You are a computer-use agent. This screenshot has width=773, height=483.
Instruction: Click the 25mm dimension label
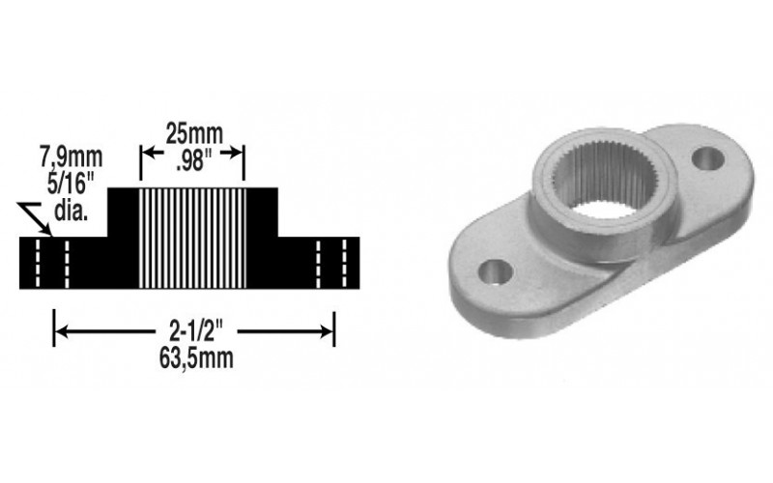(x=194, y=134)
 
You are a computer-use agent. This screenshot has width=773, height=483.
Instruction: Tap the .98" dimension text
(x=194, y=160)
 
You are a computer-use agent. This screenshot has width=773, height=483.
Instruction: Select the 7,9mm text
(x=72, y=157)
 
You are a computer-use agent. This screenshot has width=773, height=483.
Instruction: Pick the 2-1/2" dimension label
(x=196, y=331)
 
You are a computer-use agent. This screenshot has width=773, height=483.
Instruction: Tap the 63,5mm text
(x=196, y=358)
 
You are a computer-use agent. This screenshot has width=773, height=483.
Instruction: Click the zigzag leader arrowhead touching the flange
(x=46, y=231)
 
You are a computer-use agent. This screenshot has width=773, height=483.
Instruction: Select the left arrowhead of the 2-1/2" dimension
(x=61, y=331)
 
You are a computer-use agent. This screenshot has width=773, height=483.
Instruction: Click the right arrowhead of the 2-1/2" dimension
(x=328, y=331)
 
